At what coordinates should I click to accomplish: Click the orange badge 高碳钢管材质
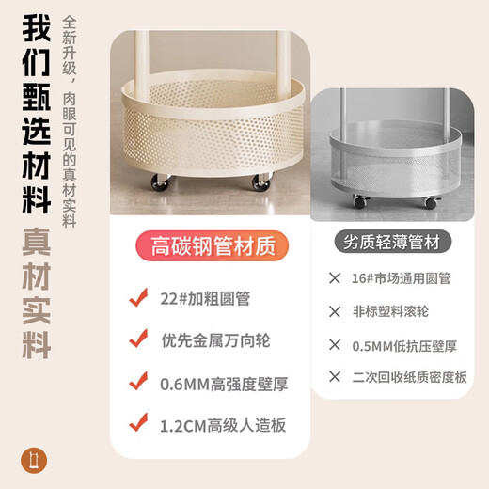point(212,245)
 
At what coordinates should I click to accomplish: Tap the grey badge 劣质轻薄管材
point(393,242)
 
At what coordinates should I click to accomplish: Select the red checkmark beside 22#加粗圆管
point(138,297)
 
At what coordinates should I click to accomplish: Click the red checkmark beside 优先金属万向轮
point(138,339)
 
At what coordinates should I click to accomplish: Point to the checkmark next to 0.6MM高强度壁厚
point(138,381)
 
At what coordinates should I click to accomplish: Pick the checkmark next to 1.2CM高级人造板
point(138,422)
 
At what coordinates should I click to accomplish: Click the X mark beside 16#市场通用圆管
point(335,278)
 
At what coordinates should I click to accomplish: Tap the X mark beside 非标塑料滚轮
point(335,311)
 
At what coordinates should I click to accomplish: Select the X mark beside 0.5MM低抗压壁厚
point(335,345)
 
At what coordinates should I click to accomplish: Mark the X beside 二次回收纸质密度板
point(335,376)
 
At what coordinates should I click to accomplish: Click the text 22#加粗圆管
point(205,298)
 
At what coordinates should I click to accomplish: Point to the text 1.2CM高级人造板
point(223,425)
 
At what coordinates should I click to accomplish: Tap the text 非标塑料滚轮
point(390,311)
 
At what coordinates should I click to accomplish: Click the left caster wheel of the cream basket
point(160,181)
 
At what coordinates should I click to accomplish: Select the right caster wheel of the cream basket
point(261,181)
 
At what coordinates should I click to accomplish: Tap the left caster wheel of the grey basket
point(360,201)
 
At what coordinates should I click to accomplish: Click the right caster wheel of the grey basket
point(433,202)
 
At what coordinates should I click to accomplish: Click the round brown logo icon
point(34,461)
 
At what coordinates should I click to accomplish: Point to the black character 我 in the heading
point(37,28)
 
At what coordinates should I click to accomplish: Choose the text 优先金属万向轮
point(215,340)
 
